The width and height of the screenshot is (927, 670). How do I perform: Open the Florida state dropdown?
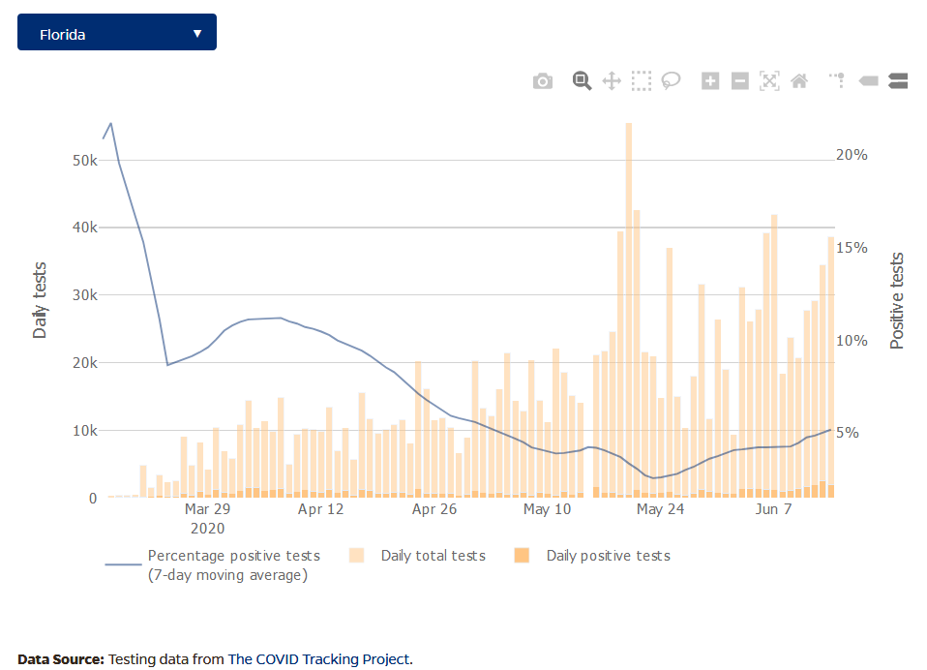click(x=117, y=33)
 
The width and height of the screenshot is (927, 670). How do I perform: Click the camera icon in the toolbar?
click(x=543, y=81)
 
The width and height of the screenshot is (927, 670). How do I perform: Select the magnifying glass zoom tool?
click(x=582, y=81)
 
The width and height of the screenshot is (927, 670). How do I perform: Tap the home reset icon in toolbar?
click(x=799, y=81)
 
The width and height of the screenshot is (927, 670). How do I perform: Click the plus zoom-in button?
click(x=710, y=81)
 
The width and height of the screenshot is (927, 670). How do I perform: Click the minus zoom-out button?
click(x=740, y=81)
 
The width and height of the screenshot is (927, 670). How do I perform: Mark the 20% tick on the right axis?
click(x=852, y=155)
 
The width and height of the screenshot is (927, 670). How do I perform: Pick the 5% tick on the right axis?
click(x=848, y=433)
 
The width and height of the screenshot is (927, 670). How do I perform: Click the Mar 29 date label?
click(x=207, y=509)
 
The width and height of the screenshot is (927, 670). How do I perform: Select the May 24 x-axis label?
click(x=662, y=509)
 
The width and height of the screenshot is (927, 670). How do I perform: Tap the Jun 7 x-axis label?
click(x=773, y=509)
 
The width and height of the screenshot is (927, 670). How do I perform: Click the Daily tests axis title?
click(x=40, y=300)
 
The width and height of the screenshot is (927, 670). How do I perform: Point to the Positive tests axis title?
click(x=897, y=301)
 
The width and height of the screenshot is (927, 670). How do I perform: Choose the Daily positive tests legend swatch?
click(x=522, y=556)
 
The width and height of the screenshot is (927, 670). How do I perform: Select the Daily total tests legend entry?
click(x=433, y=556)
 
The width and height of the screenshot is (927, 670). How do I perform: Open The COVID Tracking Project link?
click(x=319, y=659)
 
